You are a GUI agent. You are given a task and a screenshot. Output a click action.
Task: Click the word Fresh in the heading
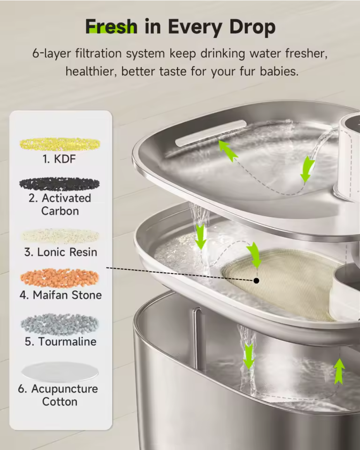(111, 27)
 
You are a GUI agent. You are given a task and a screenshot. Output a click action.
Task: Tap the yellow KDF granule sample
(60, 144)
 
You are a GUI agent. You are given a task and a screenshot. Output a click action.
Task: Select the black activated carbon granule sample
(60, 184)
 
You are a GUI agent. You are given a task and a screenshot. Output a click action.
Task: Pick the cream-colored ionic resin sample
(60, 237)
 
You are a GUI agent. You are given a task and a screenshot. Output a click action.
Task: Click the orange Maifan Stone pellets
(60, 278)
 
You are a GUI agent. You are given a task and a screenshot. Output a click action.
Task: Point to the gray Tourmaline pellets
(60, 325)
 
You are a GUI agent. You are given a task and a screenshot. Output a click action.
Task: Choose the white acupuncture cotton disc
(60, 372)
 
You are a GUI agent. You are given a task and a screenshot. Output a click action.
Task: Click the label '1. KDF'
(60, 159)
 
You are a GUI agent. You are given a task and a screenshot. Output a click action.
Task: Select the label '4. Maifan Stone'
(60, 295)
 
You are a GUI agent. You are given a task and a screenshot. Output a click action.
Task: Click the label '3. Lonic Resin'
(60, 252)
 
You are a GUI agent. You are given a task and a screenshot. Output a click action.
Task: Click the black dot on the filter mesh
(256, 280)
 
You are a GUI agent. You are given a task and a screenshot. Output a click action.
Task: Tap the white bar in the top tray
(211, 133)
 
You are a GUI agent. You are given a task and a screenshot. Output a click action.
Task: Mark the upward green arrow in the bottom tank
(339, 371)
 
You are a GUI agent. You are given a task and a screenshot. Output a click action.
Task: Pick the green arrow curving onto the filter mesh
(254, 254)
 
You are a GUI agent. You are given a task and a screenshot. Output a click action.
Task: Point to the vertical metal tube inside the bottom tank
(197, 337)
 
